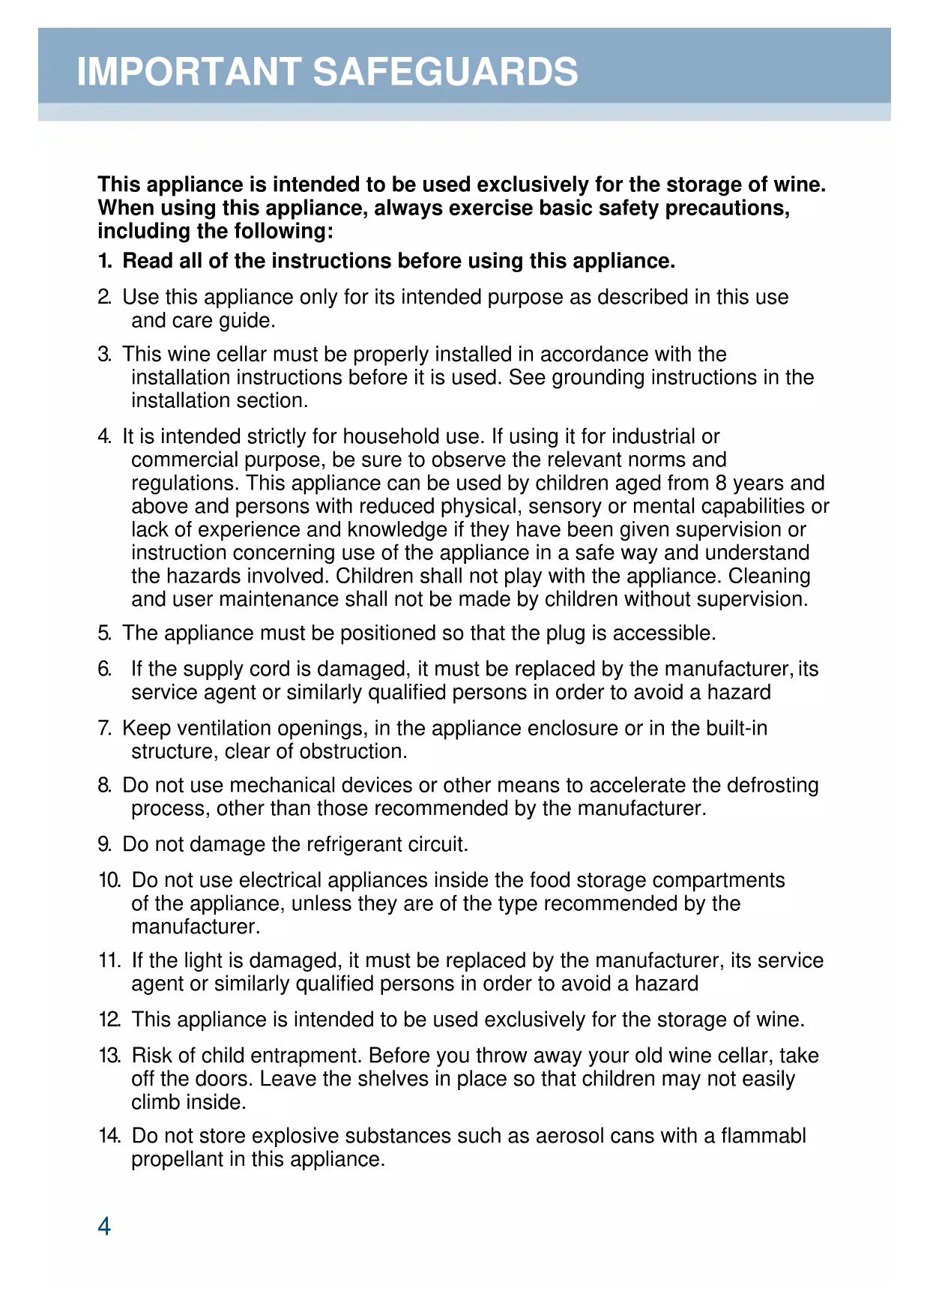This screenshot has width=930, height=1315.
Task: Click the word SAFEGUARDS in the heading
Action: (445, 72)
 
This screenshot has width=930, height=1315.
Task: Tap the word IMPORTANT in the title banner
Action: (189, 72)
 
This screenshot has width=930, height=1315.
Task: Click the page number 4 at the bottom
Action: (104, 1226)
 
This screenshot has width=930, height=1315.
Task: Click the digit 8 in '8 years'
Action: (721, 483)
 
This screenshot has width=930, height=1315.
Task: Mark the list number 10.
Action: (109, 880)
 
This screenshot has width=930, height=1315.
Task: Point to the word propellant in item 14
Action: (178, 1160)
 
